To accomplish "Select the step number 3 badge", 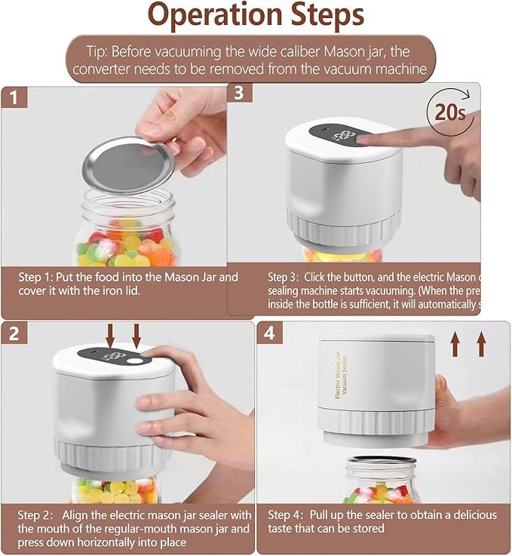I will tap(240, 94).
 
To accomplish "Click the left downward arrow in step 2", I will tap(111, 336).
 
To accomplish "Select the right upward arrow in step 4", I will tap(481, 345).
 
